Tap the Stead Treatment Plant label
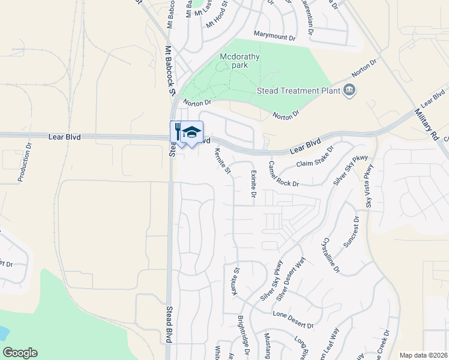click(295, 91)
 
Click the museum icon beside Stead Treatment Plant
click(349, 91)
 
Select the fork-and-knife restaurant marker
click(178, 131)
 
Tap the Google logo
click(20, 353)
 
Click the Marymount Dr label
click(275, 37)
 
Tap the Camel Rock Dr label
click(284, 174)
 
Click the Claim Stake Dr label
click(315, 158)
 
